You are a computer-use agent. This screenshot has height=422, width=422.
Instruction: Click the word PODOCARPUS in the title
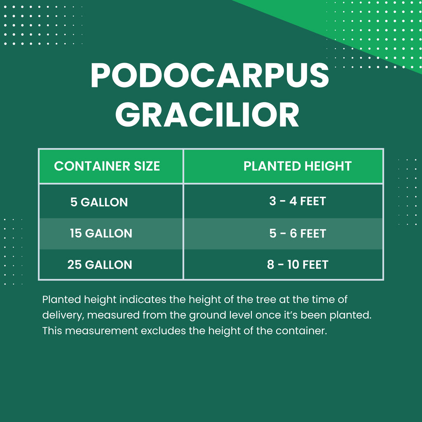(x=210, y=76)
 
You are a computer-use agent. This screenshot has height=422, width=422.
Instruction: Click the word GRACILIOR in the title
(x=207, y=115)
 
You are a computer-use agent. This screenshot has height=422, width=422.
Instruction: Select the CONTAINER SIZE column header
(x=107, y=166)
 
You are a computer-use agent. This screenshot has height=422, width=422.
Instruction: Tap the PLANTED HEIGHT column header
(x=297, y=166)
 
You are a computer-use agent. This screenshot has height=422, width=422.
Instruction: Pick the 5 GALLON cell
(x=99, y=202)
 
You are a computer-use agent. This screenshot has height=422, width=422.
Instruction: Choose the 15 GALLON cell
(x=101, y=233)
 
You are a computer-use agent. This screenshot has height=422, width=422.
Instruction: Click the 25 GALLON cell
(x=100, y=265)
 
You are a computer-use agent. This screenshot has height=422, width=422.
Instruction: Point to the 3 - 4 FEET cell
(x=297, y=202)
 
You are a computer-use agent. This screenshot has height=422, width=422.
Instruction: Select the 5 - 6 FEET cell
(x=297, y=233)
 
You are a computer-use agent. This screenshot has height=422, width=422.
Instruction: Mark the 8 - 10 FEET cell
(x=297, y=265)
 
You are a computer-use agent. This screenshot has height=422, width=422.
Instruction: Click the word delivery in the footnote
(x=61, y=315)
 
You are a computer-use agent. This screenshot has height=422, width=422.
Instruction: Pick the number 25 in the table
(x=75, y=265)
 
